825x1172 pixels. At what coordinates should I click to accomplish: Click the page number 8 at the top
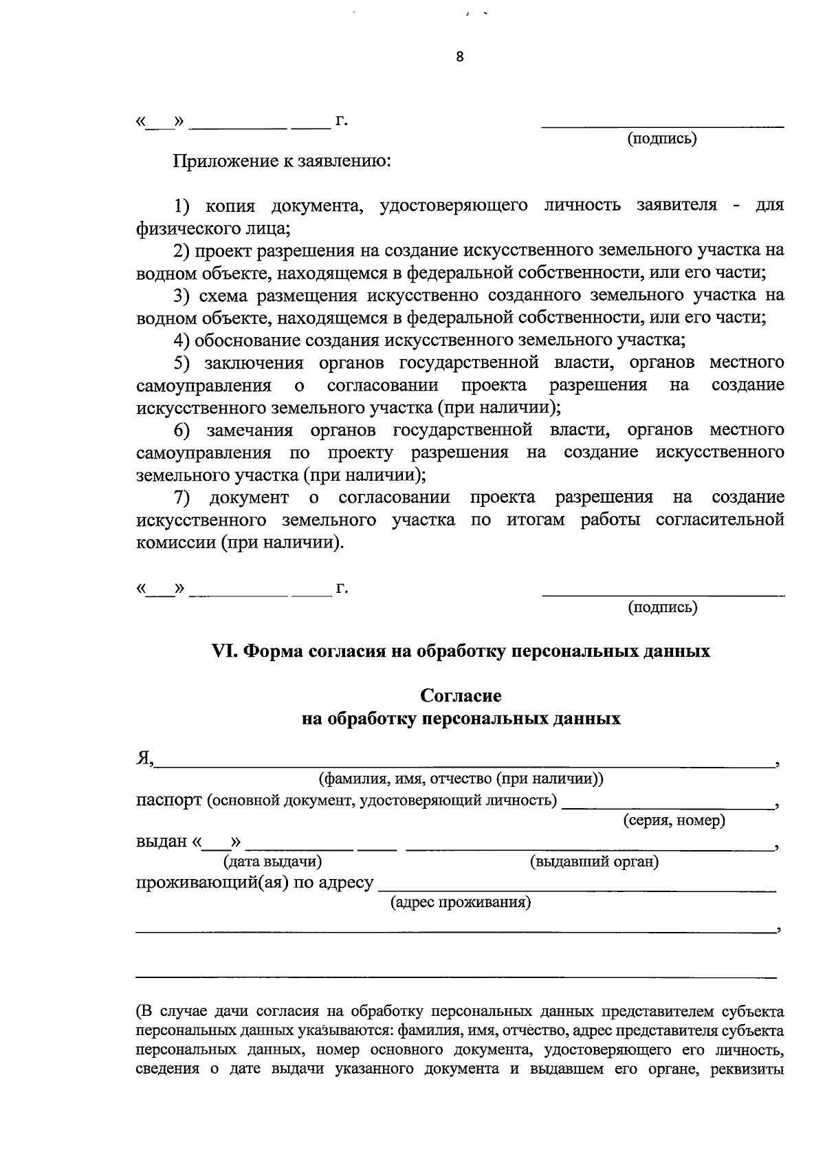point(460,57)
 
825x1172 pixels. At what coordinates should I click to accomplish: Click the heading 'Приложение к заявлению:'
point(282,162)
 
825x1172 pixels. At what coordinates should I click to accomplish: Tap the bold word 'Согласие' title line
point(461,695)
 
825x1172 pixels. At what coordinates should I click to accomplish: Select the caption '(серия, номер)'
point(674,820)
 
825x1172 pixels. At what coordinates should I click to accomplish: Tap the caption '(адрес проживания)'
point(460,902)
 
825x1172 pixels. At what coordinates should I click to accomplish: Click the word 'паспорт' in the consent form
point(168,801)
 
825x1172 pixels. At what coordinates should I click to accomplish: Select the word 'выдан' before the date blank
point(162,842)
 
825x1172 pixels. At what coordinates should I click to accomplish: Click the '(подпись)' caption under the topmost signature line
point(662,138)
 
